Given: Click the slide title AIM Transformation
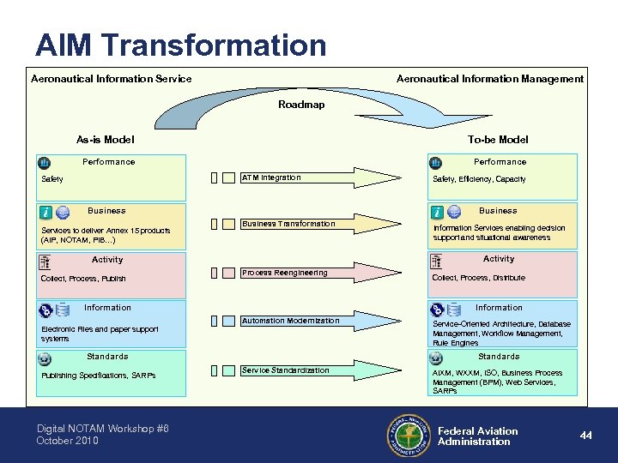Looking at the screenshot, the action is coord(181,44).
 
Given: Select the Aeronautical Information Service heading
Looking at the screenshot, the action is coord(112,79).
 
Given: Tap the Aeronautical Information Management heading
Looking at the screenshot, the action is coord(490,79).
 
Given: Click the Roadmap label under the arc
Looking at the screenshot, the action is coord(301,105).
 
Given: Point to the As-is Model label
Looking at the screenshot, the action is coord(106,139).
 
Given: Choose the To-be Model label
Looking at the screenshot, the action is coord(498,139).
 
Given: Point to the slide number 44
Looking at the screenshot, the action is coord(585,436).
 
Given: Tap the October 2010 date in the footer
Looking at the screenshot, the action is coord(67,441).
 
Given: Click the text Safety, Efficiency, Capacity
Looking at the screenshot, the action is coord(479,179).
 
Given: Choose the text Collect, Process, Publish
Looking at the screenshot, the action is coord(83,279).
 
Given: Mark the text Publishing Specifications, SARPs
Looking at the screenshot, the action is coord(97,376).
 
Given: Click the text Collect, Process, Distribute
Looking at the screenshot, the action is coord(478,278).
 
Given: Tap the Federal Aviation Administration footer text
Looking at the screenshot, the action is coord(477,436).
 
